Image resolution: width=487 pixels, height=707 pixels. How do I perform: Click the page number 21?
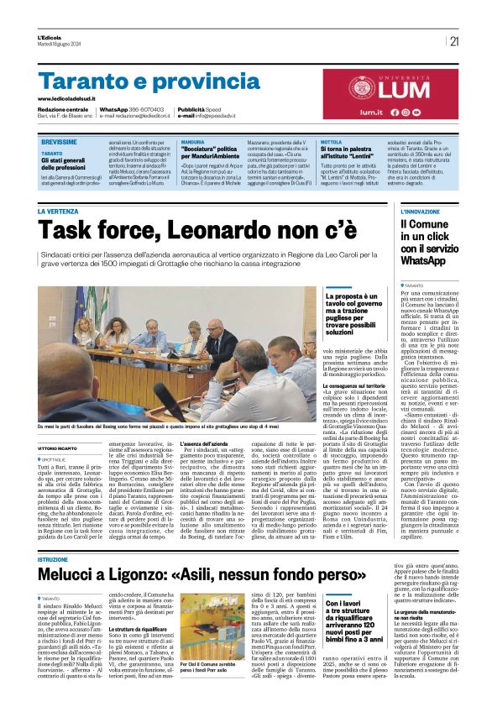coord(454,41)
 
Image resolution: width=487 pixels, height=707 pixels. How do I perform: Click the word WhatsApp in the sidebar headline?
coord(422,261)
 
